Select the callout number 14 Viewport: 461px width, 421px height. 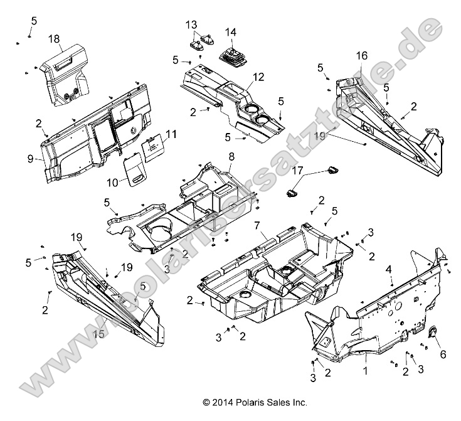231,32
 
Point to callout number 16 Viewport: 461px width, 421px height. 361,56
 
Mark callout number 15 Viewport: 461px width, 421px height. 99,334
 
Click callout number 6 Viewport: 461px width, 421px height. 443,354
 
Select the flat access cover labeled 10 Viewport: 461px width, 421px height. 133,169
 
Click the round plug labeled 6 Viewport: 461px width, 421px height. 431,334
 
